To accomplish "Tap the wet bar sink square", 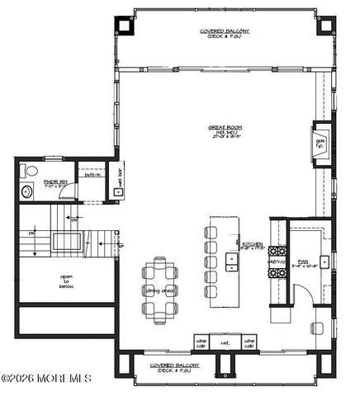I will point(118,192).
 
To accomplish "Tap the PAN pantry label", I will point(303,262).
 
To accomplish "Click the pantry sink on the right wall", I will point(327,262).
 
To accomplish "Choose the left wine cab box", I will point(201,342).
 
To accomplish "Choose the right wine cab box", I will point(248,342).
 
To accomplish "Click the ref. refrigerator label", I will point(224,342).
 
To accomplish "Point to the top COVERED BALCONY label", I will point(225,33).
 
